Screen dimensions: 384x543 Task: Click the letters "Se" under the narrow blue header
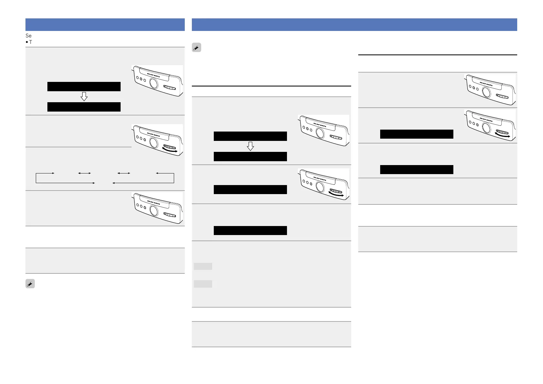point(28,35)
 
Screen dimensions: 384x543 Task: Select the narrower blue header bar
point(105,25)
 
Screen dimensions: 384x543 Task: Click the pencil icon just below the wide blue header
point(196,48)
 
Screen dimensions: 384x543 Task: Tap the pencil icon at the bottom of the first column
point(30,284)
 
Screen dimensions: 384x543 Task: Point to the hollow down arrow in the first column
point(84,96)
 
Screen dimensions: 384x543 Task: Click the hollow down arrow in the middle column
point(250,146)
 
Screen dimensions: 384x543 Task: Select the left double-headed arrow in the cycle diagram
point(84,173)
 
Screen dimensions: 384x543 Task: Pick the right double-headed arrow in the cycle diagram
point(124,173)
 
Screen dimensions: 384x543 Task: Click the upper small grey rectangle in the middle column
point(203,266)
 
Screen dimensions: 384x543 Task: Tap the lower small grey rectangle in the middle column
point(203,284)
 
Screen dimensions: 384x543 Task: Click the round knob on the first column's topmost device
point(154,84)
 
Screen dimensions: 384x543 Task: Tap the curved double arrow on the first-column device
point(170,151)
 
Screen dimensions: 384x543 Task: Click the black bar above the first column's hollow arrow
point(84,86)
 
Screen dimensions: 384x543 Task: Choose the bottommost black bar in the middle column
point(250,230)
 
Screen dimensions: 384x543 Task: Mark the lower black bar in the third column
point(417,169)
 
